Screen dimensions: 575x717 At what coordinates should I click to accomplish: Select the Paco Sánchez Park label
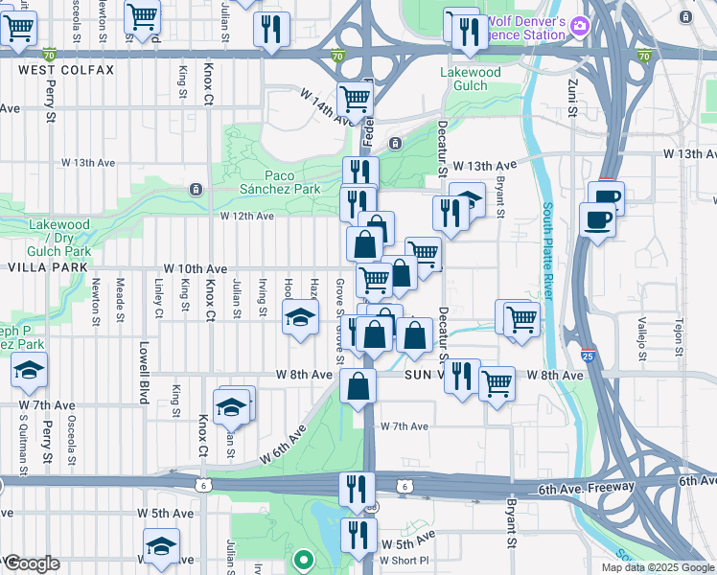tap(292, 182)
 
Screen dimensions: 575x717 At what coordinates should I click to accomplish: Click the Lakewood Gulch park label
tap(470, 79)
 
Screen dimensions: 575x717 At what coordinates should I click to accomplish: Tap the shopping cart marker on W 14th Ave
tap(356, 98)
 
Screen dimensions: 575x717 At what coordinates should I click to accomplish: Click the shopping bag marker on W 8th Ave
tap(358, 387)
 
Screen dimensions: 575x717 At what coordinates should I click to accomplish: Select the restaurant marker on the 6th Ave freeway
tap(353, 488)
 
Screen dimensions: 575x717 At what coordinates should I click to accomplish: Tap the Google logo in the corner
tap(32, 563)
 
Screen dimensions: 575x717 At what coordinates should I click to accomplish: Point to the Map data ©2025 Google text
tap(658, 567)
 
